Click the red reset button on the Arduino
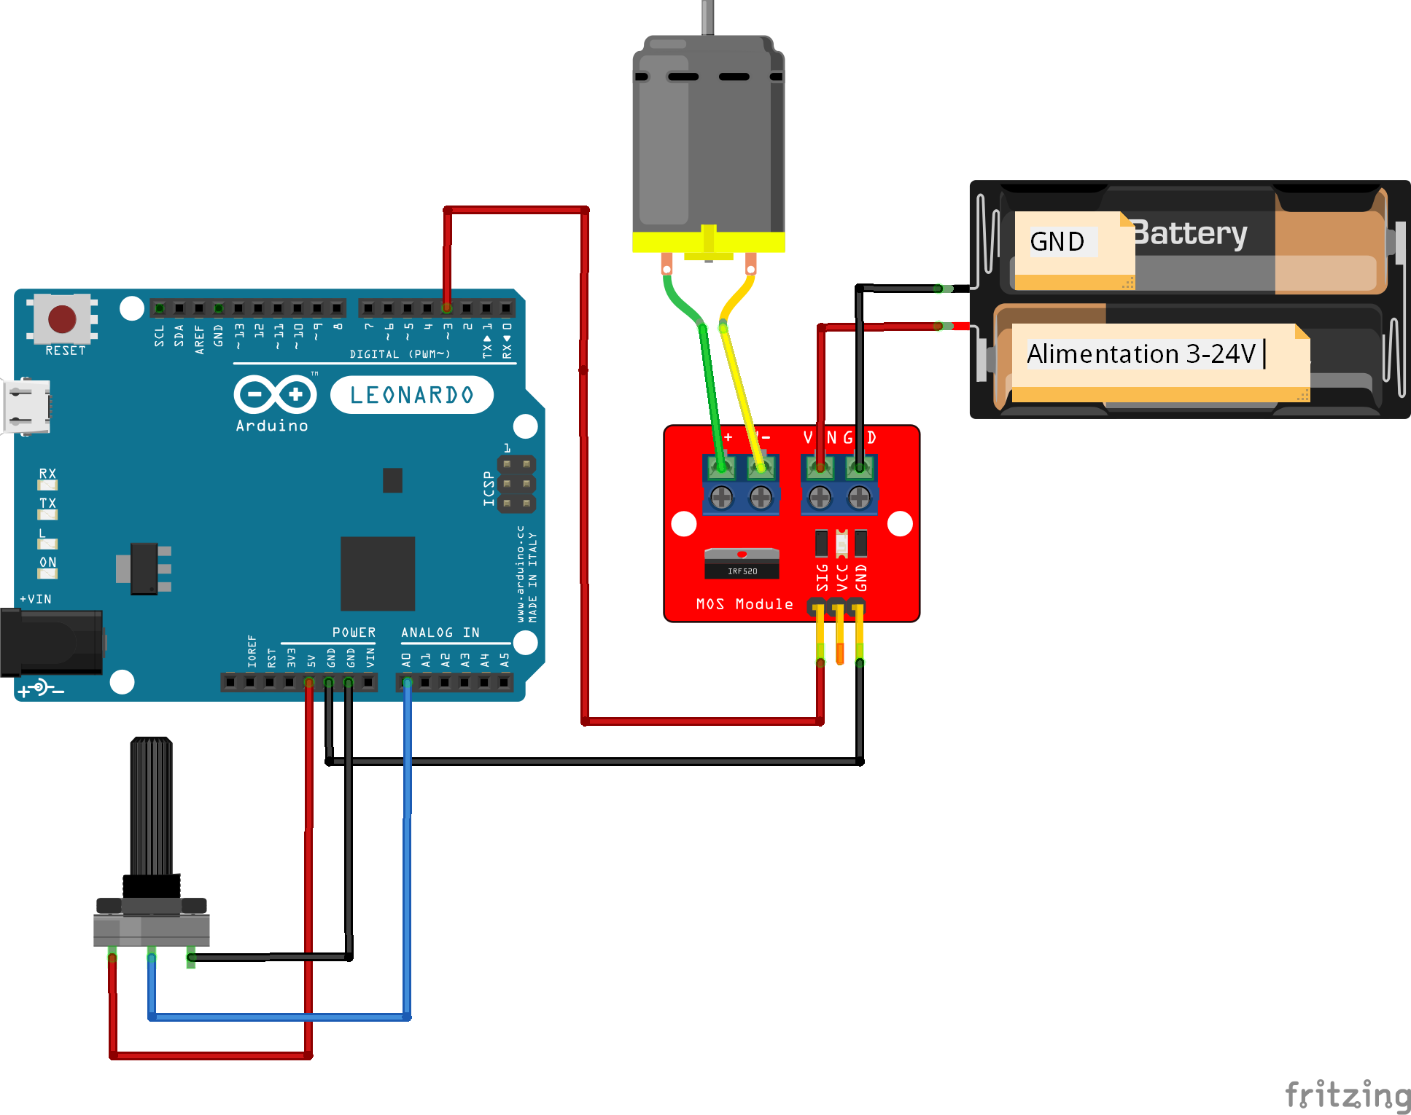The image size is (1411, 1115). [62, 318]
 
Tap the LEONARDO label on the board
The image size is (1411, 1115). [412, 395]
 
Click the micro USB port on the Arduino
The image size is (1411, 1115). [26, 407]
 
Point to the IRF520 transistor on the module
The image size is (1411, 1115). [742, 564]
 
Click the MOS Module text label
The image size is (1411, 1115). [744, 604]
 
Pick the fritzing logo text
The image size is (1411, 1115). [1348, 1095]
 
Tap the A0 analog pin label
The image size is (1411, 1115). [407, 660]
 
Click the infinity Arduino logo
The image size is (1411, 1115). [275, 395]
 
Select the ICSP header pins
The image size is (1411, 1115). [516, 483]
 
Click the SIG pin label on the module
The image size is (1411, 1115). [823, 577]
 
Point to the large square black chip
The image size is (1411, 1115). [378, 574]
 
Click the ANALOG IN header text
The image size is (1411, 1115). [440, 633]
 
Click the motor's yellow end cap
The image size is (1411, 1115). [708, 242]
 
